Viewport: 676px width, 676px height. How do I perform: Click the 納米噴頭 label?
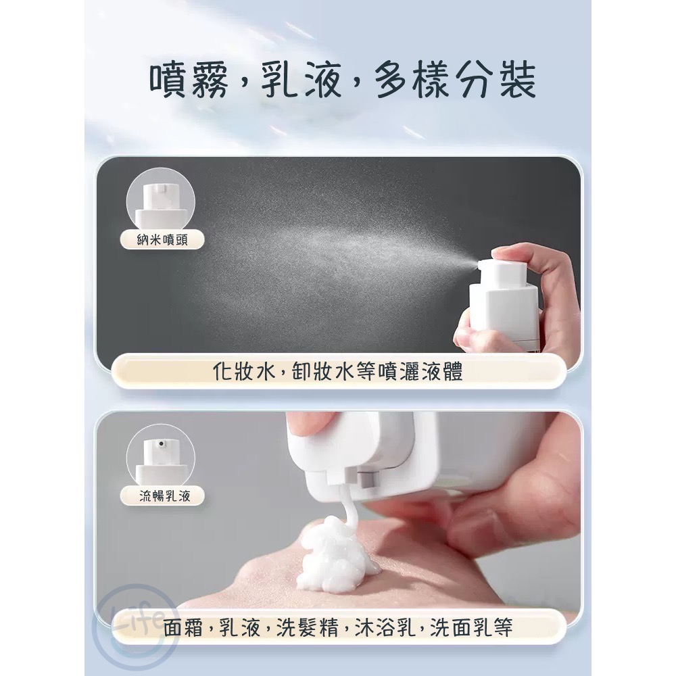point(163,239)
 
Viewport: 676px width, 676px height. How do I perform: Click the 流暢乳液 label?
point(164,496)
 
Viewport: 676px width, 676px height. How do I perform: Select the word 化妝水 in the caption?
point(233,371)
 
